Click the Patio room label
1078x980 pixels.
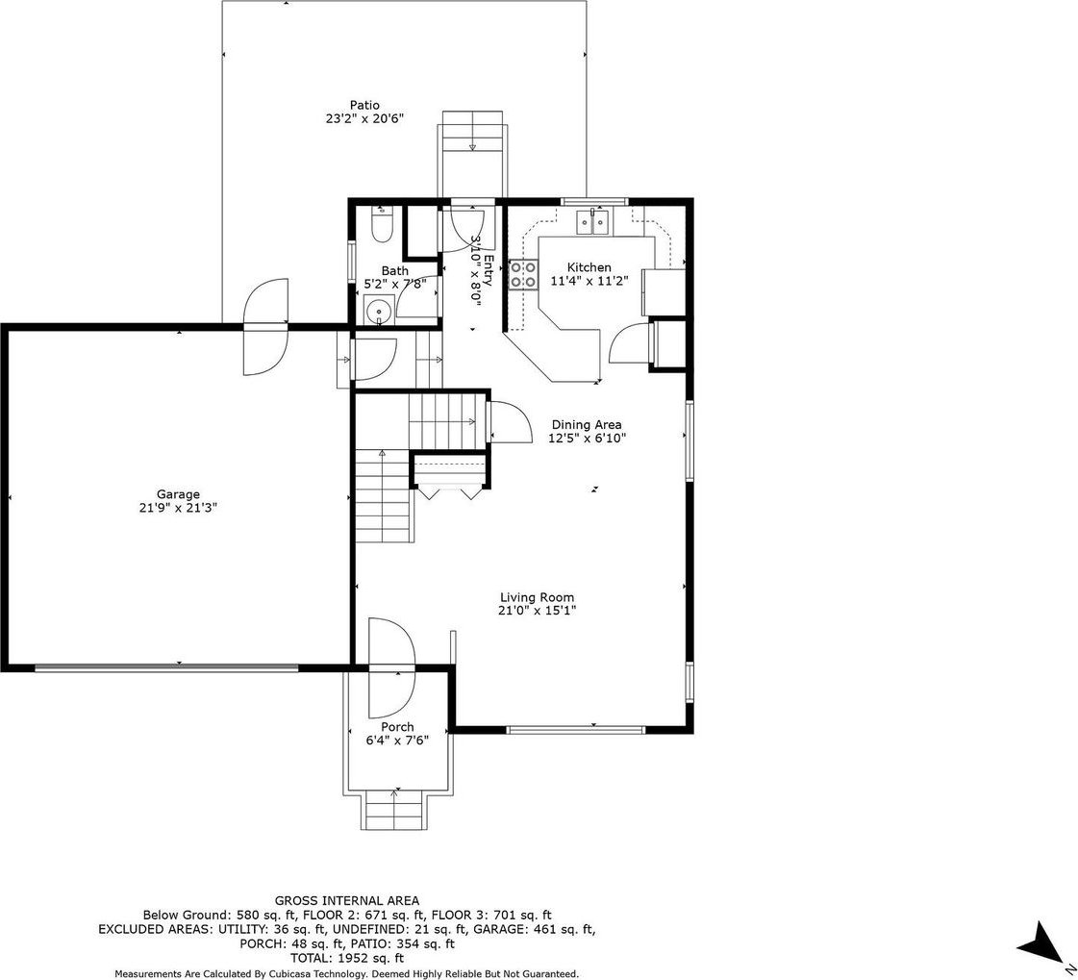[x=364, y=105]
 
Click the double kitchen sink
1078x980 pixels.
[x=592, y=221]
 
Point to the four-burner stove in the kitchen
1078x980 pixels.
[x=523, y=274]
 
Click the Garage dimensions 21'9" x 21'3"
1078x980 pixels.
[x=178, y=508]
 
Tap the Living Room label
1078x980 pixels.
[x=537, y=597]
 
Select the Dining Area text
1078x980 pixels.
[x=587, y=425]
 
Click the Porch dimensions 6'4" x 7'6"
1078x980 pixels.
[x=397, y=740]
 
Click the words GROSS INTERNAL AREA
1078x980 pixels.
[x=346, y=900]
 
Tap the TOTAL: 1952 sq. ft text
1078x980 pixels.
[x=347, y=958]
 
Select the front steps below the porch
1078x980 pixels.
[x=394, y=811]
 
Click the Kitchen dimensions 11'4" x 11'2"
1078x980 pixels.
[x=589, y=281]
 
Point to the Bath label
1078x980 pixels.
[x=394, y=271]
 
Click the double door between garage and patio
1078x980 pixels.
[x=265, y=327]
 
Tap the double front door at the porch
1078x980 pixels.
[x=392, y=668]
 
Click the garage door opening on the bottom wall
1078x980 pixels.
[x=167, y=666]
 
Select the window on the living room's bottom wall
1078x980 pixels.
[x=576, y=729]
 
